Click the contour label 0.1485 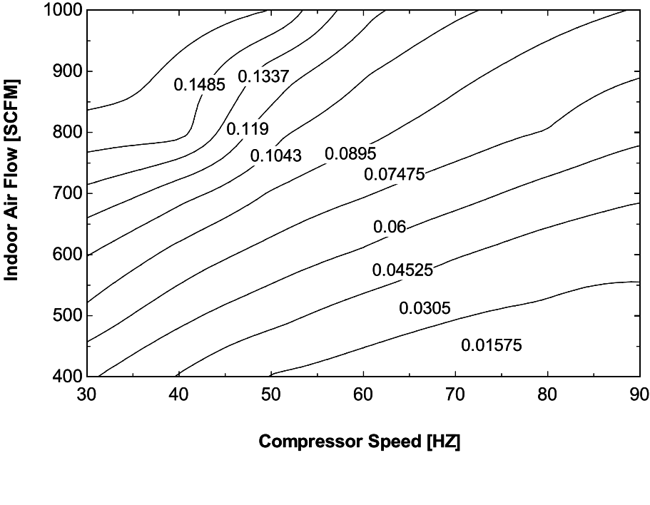click(200, 85)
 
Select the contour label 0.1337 click(263, 76)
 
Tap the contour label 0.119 click(248, 129)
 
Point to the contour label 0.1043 click(276, 155)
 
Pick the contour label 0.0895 click(350, 154)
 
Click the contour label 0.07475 click(395, 174)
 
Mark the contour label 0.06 click(390, 228)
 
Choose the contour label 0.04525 click(402, 270)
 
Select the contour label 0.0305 click(424, 308)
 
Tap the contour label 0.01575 click(492, 346)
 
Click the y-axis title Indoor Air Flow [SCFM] click(12, 180)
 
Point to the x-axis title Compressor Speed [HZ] click(360, 442)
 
